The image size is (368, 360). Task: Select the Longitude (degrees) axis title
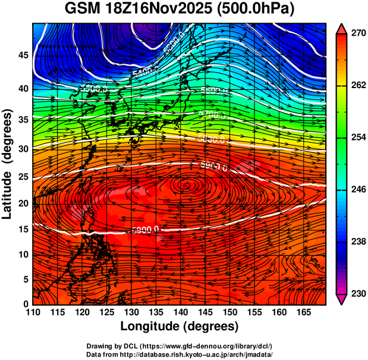tap(180, 327)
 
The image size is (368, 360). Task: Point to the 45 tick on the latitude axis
tap(23, 55)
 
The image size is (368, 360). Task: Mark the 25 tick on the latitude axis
tap(23, 180)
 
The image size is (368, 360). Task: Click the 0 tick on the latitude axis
tap(26, 303)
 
